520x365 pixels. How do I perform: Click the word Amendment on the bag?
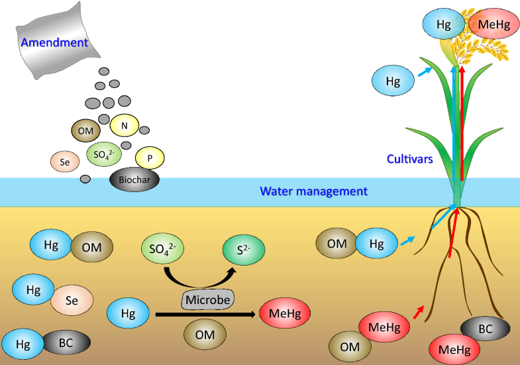(54, 42)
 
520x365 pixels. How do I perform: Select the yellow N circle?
(125, 125)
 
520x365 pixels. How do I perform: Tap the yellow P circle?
(150, 158)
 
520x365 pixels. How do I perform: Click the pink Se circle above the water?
(65, 160)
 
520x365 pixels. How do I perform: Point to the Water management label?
(313, 191)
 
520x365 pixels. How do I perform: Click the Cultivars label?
(410, 160)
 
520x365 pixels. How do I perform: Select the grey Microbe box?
(207, 299)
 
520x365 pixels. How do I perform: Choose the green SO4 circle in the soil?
(162, 249)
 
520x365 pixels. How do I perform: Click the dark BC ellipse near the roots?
(485, 329)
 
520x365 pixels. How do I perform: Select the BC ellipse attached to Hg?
(66, 344)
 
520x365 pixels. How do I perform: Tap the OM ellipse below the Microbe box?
(205, 335)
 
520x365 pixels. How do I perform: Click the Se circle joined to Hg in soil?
(72, 301)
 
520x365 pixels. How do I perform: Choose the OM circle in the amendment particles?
(85, 131)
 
